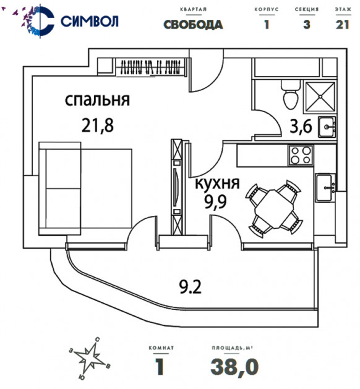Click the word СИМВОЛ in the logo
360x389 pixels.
point(90,21)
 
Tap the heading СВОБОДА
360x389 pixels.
point(193,25)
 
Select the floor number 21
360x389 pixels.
point(343,25)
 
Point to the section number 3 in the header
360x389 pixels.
point(307,25)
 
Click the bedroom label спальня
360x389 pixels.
point(97,100)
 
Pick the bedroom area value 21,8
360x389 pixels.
point(98,126)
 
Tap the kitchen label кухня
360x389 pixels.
point(217,184)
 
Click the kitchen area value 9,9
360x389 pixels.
point(216,202)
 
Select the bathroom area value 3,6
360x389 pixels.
point(301,127)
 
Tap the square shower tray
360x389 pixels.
point(320,96)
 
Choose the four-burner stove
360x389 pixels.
point(301,155)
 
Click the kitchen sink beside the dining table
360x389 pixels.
point(325,187)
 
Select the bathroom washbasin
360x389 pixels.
point(327,127)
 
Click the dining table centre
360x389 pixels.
point(273,209)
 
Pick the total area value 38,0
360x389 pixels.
point(234,367)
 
